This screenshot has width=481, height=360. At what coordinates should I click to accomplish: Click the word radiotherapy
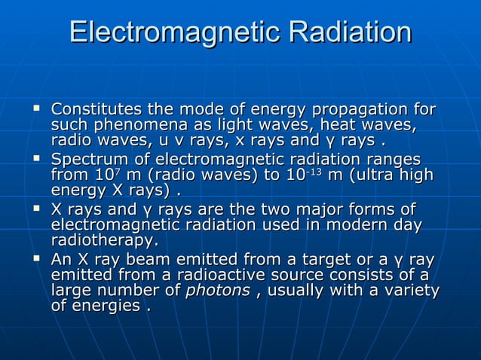[104, 240]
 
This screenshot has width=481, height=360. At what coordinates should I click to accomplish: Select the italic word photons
[217, 290]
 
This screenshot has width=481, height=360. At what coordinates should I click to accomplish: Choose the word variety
[411, 290]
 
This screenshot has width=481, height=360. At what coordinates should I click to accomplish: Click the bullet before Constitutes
[35, 110]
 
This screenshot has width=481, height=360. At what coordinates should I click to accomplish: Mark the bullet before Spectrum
[35, 159]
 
